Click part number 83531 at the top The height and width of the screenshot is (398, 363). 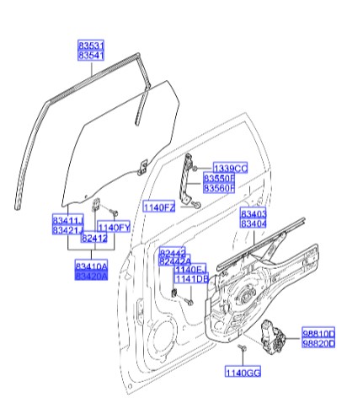[x=90, y=45]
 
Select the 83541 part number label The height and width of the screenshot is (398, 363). [x=90, y=55]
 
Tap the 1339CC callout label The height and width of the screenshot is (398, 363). [x=229, y=169]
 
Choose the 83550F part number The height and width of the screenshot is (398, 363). [x=229, y=180]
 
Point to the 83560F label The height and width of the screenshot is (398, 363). [x=229, y=190]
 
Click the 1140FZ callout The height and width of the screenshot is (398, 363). [x=158, y=207]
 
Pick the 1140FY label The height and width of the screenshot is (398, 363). [x=113, y=227]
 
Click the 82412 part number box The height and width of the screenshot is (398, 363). [x=94, y=239]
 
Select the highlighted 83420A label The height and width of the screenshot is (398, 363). [x=90, y=276]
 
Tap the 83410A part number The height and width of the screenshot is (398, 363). [x=90, y=266]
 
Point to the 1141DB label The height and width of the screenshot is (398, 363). [x=190, y=279]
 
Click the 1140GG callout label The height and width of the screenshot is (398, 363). [x=242, y=372]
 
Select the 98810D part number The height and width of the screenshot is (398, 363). [x=319, y=334]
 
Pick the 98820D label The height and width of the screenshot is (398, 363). [x=319, y=344]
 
